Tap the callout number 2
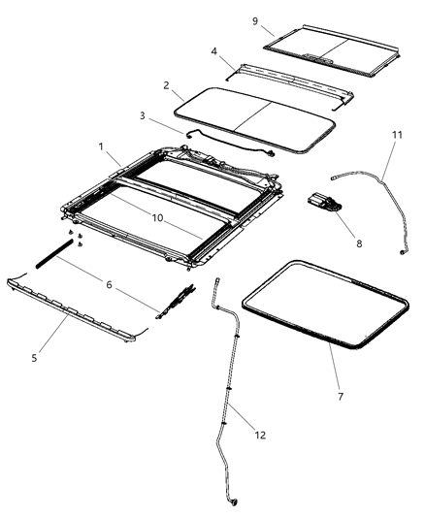coord(167,85)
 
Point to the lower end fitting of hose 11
coord(402,251)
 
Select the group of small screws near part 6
coord(78,240)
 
